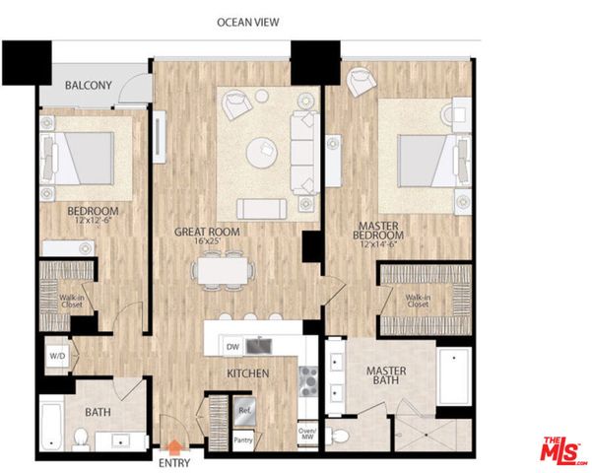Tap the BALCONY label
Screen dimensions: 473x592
[x=88, y=86]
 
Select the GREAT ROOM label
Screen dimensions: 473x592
[x=208, y=232]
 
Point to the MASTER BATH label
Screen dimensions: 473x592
[x=385, y=375]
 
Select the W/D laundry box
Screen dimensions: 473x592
[x=55, y=357]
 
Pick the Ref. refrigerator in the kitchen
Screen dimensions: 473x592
[x=242, y=407]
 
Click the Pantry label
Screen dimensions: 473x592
[x=242, y=439]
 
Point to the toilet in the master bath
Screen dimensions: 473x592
[x=341, y=435]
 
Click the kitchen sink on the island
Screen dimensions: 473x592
[x=260, y=345]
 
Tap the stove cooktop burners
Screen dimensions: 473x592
[x=306, y=377]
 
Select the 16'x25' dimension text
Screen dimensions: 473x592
[x=208, y=242]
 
